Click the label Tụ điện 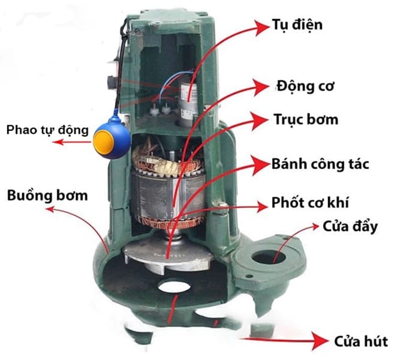[x=297, y=25]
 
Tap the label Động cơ [x=306, y=86]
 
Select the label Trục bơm [x=306, y=119]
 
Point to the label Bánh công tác [x=321, y=164]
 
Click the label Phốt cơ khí [x=311, y=202]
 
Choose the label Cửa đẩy [x=350, y=227]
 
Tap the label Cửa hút [x=361, y=342]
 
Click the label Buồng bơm [x=47, y=195]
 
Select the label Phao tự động [x=47, y=131]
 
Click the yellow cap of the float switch [x=104, y=143]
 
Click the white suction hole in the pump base [x=174, y=286]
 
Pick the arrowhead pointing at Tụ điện [x=261, y=28]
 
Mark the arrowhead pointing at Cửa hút [x=319, y=341]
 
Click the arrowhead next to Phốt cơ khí [x=261, y=206]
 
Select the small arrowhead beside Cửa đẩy [x=315, y=227]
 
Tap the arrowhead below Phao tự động [x=58, y=142]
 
